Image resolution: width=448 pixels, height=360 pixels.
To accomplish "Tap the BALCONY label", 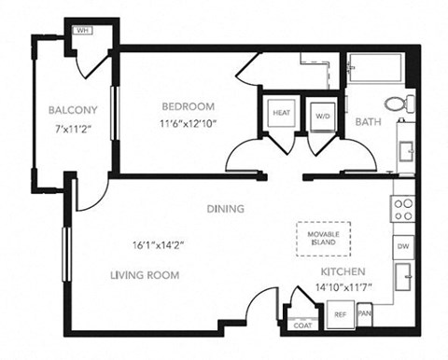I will pyautogui.click(x=73, y=111).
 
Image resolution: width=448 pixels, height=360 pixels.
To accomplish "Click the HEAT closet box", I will pyautogui.click(x=281, y=114).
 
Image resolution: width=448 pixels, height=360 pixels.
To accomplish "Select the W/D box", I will pyautogui.click(x=322, y=115).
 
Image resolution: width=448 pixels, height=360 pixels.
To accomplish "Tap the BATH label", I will pyautogui.click(x=366, y=120).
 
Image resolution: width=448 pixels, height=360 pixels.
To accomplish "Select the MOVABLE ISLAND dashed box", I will pyautogui.click(x=323, y=238).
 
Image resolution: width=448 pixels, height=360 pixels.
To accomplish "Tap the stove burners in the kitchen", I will pyautogui.click(x=403, y=209).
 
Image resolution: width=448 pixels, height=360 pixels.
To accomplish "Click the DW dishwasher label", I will pyautogui.click(x=403, y=246).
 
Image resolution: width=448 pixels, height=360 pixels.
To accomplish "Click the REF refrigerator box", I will pyautogui.click(x=341, y=314).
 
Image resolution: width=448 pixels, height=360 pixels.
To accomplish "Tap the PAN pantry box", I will pyautogui.click(x=364, y=314).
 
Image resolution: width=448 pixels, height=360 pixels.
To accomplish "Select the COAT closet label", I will pyautogui.click(x=302, y=325).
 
